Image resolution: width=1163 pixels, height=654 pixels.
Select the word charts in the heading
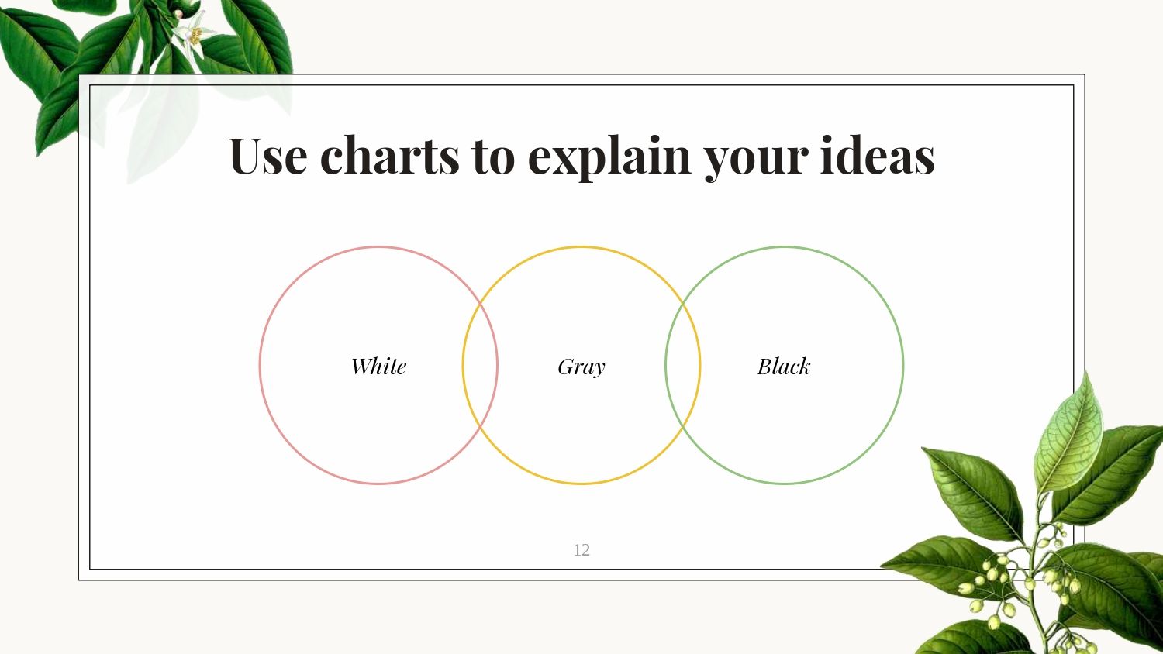pyautogui.click(x=390, y=155)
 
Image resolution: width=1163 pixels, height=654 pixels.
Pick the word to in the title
pyautogui.click(x=493, y=156)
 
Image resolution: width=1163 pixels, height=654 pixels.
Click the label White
pyautogui.click(x=378, y=366)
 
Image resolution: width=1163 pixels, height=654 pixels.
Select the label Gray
pyautogui.click(x=581, y=367)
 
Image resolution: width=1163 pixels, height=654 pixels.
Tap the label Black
pyautogui.click(x=784, y=366)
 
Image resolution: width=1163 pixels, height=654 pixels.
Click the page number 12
pyautogui.click(x=581, y=550)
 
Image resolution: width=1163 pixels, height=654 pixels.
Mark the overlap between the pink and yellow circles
pyautogui.click(x=480, y=365)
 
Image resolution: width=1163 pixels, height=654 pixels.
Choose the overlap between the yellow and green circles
pyautogui.click(x=683, y=365)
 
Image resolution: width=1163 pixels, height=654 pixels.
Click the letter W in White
pyautogui.click(x=361, y=366)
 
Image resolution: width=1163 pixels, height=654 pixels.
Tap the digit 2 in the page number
pyautogui.click(x=585, y=550)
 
